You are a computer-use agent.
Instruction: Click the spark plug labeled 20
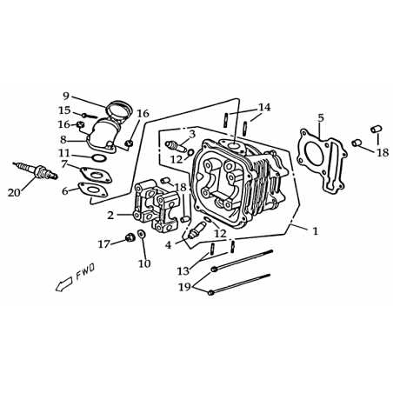[x=36, y=171]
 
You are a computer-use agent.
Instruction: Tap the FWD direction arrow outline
[x=63, y=284]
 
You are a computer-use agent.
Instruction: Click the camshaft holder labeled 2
[x=156, y=206]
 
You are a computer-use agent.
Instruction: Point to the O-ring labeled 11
[x=99, y=158]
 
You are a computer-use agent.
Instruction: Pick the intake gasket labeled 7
[x=96, y=175]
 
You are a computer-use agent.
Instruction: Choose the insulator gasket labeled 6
[x=93, y=190]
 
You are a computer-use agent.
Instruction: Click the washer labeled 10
[x=142, y=234]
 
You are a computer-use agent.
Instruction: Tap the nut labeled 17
[x=130, y=237]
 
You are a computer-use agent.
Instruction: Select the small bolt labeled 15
[x=90, y=116]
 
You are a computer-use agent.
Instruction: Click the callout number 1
[x=315, y=231]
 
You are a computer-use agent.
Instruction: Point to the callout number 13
[x=183, y=271]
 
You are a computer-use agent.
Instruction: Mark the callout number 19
[x=185, y=287]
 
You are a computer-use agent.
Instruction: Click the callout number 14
[x=264, y=107]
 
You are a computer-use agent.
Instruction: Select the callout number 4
[x=169, y=245]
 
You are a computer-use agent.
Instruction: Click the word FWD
[x=85, y=272]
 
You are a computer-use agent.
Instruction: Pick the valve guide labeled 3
[x=176, y=146]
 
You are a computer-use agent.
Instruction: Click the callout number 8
[x=63, y=140]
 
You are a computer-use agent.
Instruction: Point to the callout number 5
[x=321, y=118]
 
